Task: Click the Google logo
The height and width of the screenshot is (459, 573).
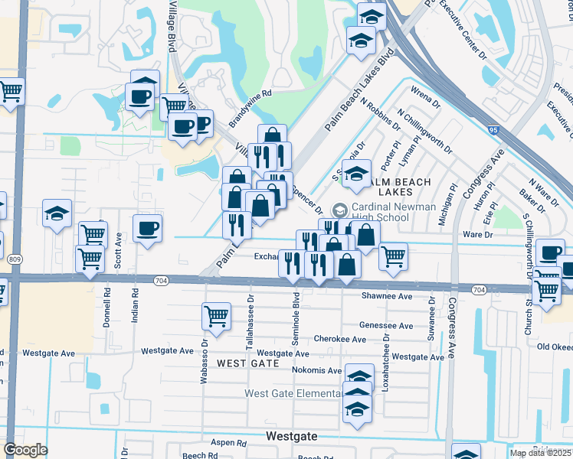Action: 26,450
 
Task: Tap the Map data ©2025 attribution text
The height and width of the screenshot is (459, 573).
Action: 540,453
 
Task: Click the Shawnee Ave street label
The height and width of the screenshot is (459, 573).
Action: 387,296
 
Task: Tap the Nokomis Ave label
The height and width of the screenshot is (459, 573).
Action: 316,370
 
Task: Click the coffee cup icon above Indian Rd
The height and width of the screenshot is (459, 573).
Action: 147,228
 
